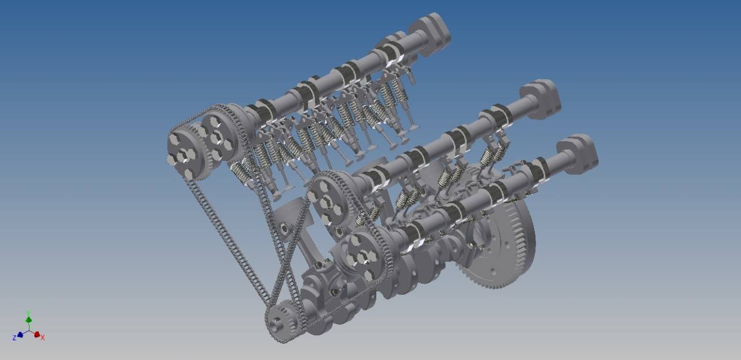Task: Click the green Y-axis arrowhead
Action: [28, 319]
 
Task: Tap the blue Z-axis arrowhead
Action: [20, 334]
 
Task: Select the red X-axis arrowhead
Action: [36, 334]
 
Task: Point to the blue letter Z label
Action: [14, 338]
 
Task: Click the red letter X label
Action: [43, 337]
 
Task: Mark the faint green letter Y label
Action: [28, 313]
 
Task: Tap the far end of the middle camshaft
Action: [541, 98]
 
